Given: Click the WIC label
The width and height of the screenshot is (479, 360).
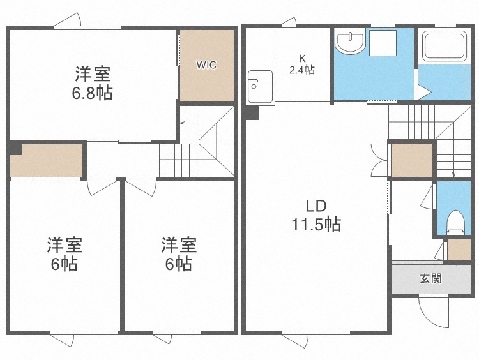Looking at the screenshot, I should [206, 64].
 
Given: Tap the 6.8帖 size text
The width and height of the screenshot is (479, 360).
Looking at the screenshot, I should [92, 93].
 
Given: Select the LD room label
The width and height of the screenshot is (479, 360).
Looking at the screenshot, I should [316, 206].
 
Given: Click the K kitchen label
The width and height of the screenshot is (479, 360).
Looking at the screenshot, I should [302, 57].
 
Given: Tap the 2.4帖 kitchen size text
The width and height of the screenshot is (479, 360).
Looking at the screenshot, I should [302, 70].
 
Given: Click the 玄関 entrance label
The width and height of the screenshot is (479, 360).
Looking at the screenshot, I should [430, 279].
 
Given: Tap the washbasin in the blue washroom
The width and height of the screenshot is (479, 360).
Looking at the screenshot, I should [350, 42].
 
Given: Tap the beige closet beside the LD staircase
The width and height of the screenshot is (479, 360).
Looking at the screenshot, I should [411, 160].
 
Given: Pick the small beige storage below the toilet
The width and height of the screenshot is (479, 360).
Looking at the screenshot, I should [459, 250].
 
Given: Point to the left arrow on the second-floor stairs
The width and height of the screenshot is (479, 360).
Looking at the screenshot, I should [184, 126].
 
